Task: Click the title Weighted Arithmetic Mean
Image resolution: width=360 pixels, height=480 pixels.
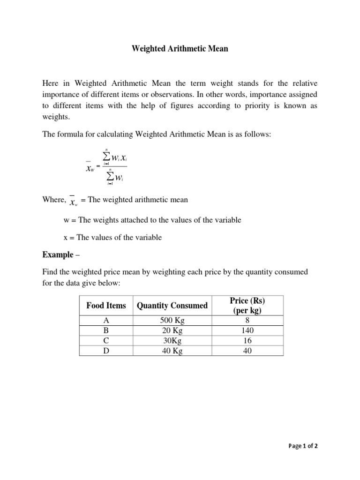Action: (180, 49)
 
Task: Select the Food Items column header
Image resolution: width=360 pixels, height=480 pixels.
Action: (106, 306)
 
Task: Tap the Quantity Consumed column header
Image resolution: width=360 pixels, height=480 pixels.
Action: (172, 306)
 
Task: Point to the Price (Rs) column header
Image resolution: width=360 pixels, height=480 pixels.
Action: (247, 306)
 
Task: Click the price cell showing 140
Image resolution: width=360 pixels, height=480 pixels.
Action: (247, 331)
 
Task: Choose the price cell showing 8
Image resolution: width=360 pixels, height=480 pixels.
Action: (247, 321)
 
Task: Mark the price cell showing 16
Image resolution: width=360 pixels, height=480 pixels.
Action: (247, 341)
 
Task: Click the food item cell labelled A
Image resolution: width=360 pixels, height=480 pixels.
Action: (106, 321)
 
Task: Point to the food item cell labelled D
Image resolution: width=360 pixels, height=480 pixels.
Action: (106, 351)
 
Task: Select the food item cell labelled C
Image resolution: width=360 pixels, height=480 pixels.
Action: (106, 341)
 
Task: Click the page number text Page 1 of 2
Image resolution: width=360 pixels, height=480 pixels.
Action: (302, 446)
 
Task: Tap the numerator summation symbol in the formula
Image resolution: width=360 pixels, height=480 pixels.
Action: (106, 157)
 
